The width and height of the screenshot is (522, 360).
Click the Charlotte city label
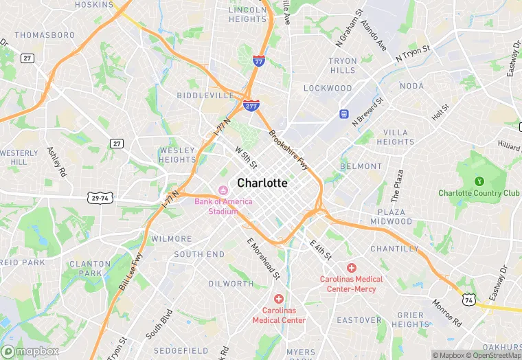tap(262, 183)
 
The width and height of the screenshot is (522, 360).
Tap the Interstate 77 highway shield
tap(259, 61)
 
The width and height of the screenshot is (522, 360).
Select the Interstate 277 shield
tap(251, 105)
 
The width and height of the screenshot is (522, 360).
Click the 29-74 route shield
tap(100, 198)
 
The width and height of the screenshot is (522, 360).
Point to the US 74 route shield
tap(468, 300)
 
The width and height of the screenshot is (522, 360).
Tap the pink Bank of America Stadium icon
tap(223, 190)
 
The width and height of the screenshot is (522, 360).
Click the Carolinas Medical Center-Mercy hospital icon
tap(352, 267)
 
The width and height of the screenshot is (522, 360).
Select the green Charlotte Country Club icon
tap(479, 181)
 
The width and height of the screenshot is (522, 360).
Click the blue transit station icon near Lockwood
tap(343, 113)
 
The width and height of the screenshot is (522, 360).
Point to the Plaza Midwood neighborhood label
tap(391, 216)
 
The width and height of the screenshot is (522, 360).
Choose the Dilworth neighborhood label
tap(231, 283)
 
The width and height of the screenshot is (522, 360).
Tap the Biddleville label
tap(205, 95)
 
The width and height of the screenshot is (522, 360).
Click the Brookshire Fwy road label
tap(288, 150)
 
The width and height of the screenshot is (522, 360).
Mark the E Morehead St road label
tap(264, 258)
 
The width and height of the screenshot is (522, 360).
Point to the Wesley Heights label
tap(178, 155)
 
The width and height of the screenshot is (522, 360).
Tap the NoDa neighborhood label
tap(411, 86)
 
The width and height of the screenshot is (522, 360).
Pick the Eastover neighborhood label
tap(359, 320)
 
